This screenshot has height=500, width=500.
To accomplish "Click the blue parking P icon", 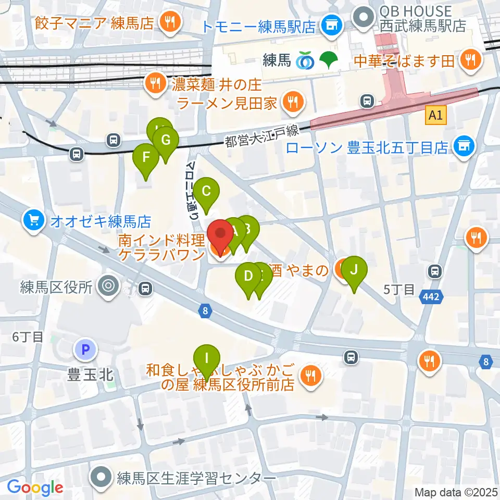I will tap(85, 349).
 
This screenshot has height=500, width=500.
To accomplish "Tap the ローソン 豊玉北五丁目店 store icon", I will tap(464, 146).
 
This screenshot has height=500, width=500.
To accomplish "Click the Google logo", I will tap(35, 488).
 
